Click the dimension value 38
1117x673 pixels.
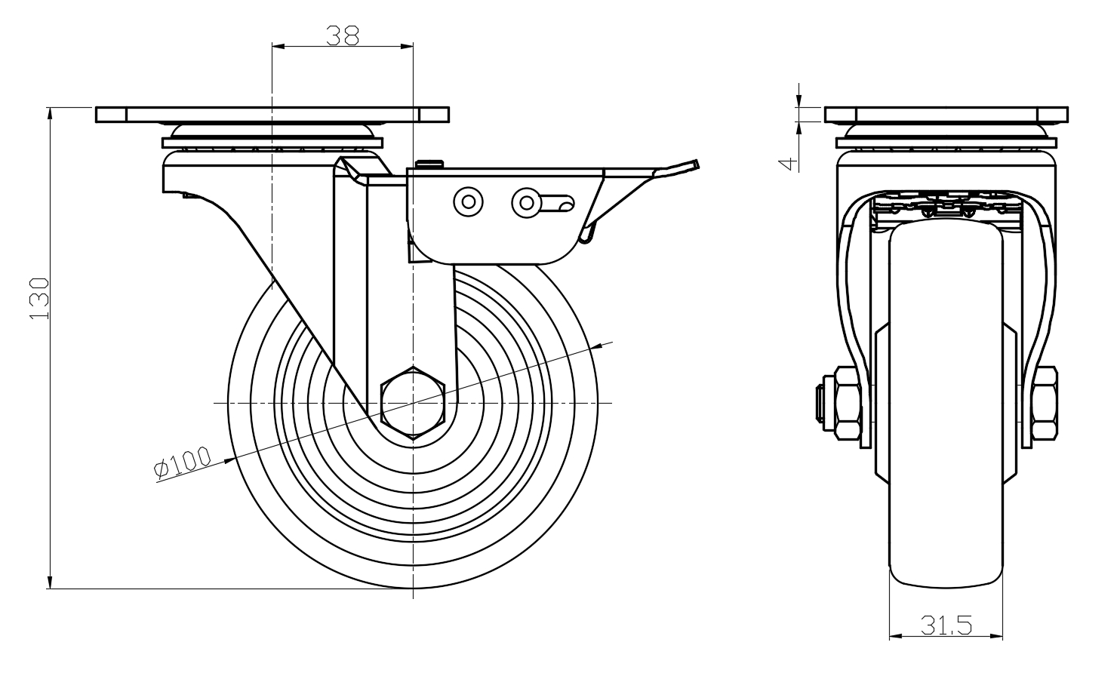[x=342, y=35]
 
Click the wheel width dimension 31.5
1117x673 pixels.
[x=946, y=625]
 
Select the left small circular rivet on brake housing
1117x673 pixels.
[x=468, y=201]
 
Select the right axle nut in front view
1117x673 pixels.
[x=1045, y=404]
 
